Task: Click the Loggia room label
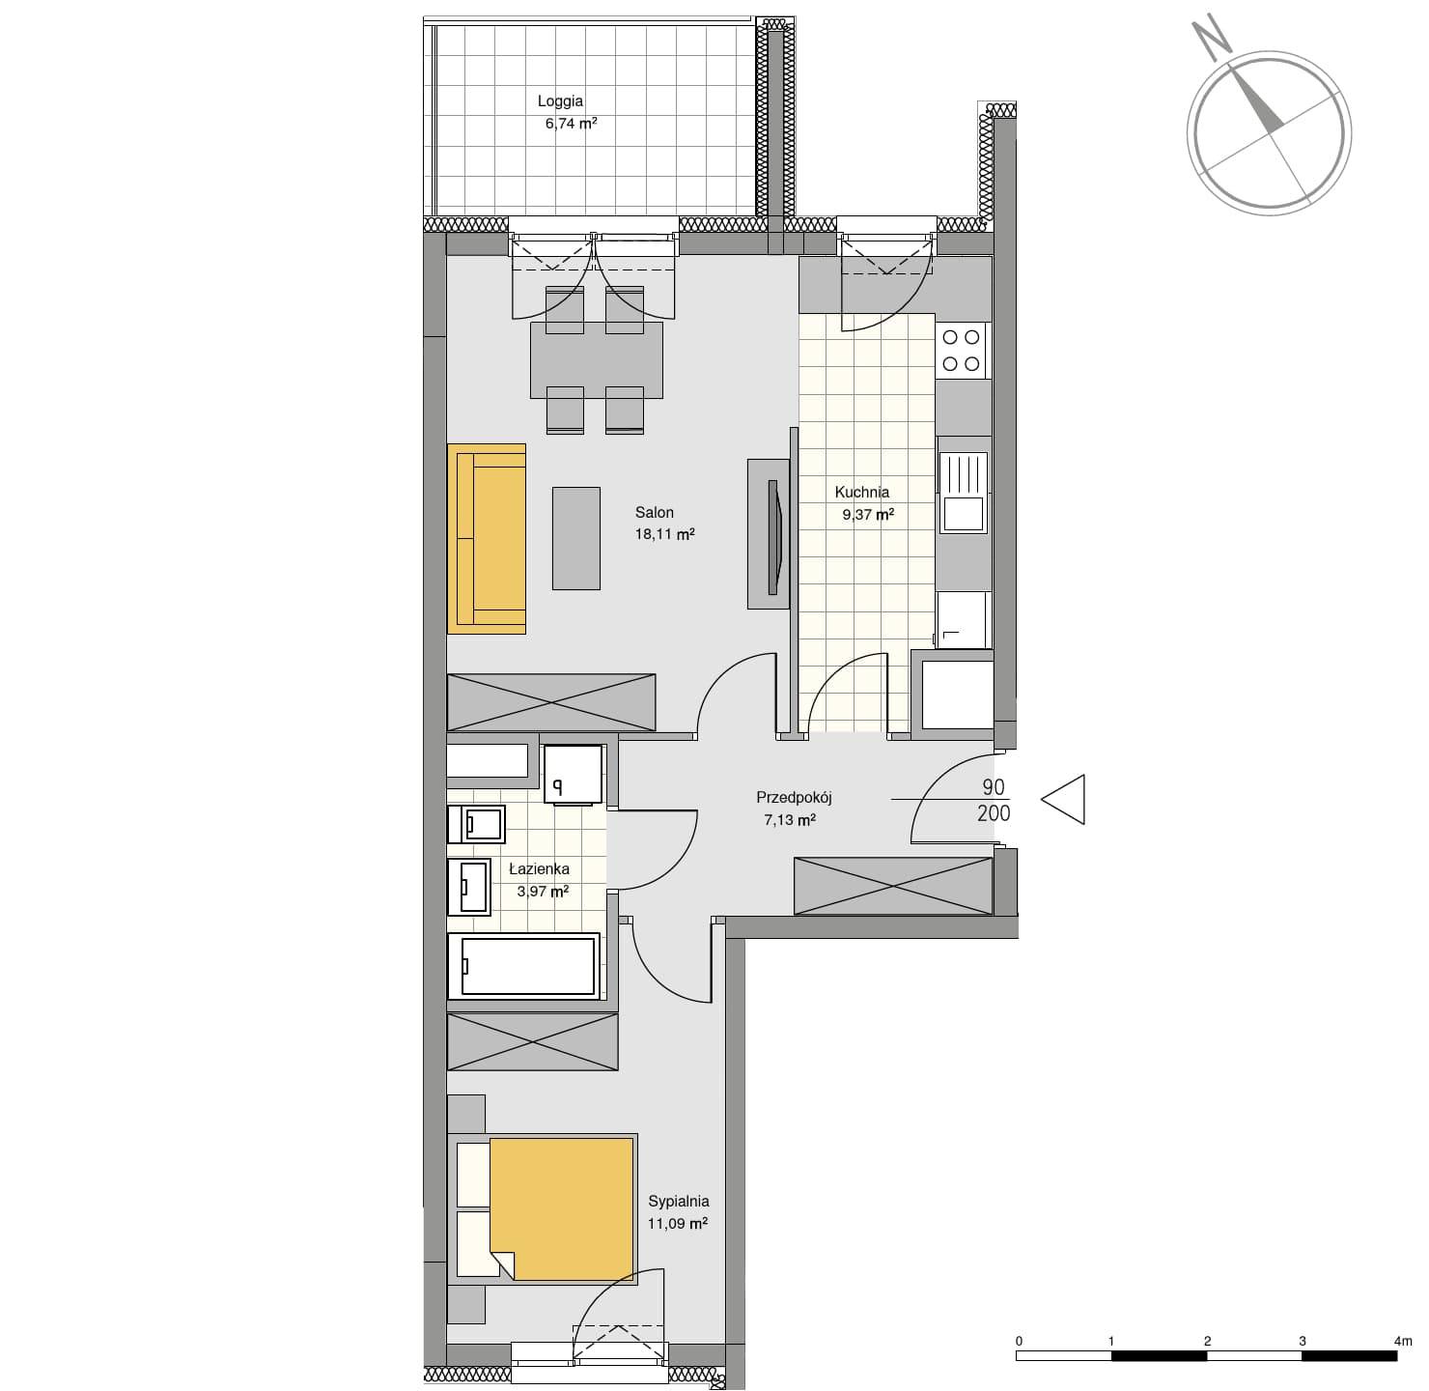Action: pyautogui.click(x=560, y=101)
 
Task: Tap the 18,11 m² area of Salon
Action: pyautogui.click(x=664, y=534)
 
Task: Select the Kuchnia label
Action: pyautogui.click(x=861, y=493)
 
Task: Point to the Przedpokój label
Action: pyautogui.click(x=794, y=797)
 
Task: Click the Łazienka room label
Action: pyautogui.click(x=539, y=868)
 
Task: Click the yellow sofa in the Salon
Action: pyautogui.click(x=486, y=539)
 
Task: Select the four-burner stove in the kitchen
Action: pyautogui.click(x=962, y=351)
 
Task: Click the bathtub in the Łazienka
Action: pyautogui.click(x=527, y=966)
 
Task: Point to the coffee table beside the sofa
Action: pyautogui.click(x=575, y=538)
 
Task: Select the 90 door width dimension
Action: pyautogui.click(x=994, y=787)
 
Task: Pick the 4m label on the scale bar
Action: pyautogui.click(x=1403, y=1341)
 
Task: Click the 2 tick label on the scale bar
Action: pyautogui.click(x=1207, y=1341)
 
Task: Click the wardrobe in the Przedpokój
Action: pyautogui.click(x=893, y=886)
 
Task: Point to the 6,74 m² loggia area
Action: pyautogui.click(x=571, y=124)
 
